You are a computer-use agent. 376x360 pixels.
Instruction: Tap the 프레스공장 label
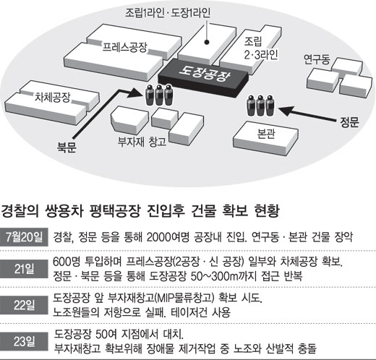point(124,47)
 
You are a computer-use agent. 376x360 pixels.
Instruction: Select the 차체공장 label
point(53,97)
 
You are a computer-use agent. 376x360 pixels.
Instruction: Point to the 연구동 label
point(317,59)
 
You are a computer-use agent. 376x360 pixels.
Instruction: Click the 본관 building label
point(266,134)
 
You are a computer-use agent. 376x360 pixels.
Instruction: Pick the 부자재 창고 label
point(142,142)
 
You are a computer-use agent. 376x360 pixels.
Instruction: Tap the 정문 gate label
point(349,122)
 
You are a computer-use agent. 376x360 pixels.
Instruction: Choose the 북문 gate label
point(67,147)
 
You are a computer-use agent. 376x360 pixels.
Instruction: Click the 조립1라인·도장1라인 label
point(168,13)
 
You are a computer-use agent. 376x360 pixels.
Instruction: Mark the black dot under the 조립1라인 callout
point(207,43)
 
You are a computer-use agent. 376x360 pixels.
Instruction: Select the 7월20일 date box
point(24,237)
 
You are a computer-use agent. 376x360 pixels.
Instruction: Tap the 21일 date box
point(24,269)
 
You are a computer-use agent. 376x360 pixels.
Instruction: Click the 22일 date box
point(24,305)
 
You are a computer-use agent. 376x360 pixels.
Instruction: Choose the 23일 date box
point(24,341)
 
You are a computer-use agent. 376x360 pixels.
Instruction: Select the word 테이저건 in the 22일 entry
point(189,312)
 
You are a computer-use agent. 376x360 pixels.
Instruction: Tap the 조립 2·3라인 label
point(261,48)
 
